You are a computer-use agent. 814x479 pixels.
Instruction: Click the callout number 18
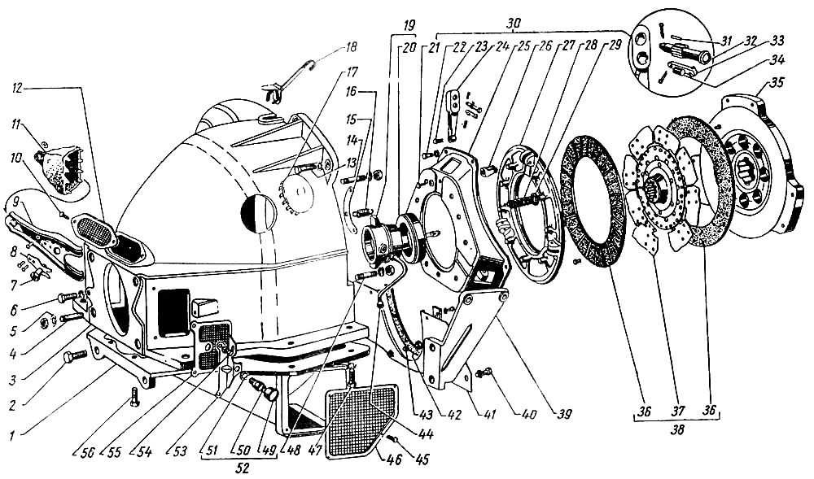[351, 48]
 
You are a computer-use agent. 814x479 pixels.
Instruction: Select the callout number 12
[17, 89]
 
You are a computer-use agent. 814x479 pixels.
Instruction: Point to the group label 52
[243, 467]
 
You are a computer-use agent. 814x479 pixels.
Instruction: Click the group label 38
[677, 429]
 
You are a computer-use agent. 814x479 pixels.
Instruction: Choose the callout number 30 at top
[514, 24]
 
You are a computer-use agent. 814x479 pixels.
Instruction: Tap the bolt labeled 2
[76, 356]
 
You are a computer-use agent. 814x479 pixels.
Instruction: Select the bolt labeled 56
[134, 397]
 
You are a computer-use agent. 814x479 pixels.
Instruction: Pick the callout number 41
[489, 414]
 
